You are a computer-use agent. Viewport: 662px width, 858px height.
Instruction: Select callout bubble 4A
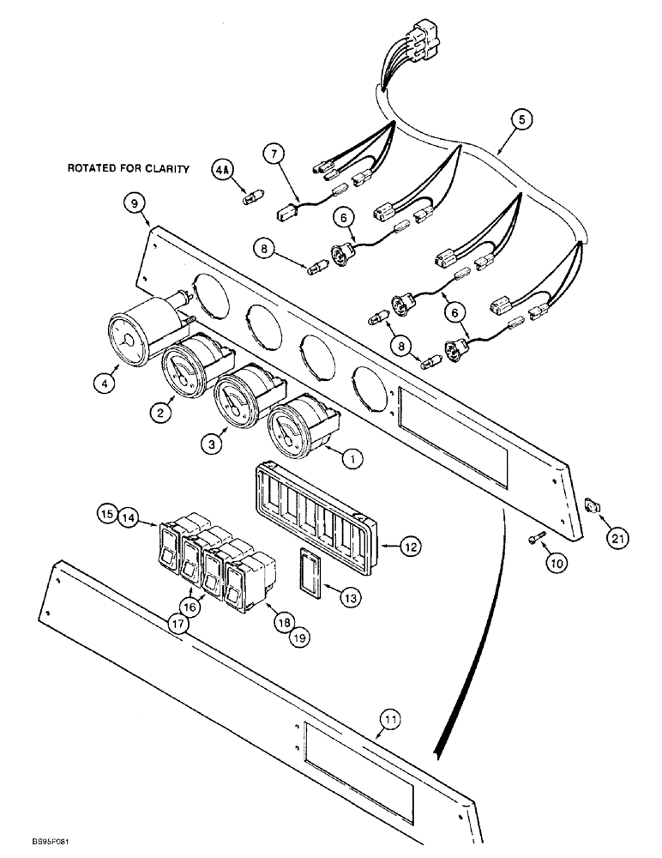(x=221, y=172)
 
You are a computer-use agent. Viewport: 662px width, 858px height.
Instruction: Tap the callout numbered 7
(x=275, y=154)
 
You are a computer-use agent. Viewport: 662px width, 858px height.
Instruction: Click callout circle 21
(x=618, y=538)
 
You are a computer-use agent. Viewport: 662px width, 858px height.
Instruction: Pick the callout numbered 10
(x=558, y=564)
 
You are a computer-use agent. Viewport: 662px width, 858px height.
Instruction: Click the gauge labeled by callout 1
(x=294, y=426)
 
